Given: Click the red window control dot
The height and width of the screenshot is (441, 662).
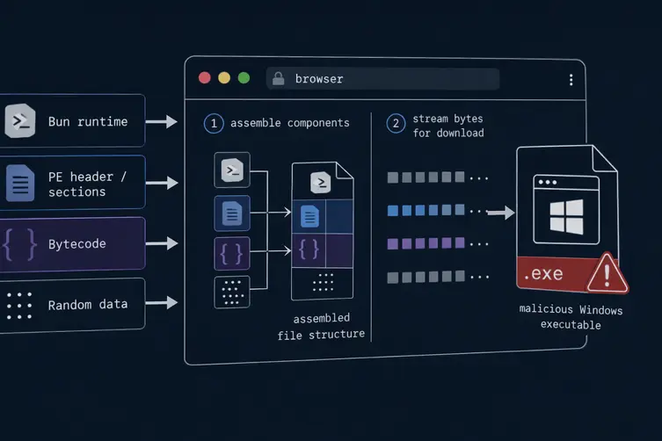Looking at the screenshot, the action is coord(205,78).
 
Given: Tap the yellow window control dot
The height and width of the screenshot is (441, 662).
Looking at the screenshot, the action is coord(224,78).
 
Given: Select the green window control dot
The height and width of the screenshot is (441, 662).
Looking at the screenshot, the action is coord(244,78).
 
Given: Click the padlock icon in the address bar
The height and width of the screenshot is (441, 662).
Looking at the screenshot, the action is coord(278,78).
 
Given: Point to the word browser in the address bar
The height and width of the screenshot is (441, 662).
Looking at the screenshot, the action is coord(319,79).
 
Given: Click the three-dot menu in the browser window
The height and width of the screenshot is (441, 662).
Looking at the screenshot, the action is coord(571,80).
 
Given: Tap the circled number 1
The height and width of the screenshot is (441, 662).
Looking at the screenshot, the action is coord(214,123).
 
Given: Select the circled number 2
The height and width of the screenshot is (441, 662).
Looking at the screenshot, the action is coord(396,123).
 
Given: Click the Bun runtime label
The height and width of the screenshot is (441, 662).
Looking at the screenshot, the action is coord(88,121).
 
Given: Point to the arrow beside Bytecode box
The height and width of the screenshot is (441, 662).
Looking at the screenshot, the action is coord(162,243).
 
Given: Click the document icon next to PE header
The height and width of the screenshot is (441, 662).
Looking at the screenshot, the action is coord(20,183).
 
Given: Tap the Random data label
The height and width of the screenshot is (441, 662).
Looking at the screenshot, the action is coord(88,304).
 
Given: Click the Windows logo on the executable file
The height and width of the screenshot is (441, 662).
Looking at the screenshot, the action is coord(566,217).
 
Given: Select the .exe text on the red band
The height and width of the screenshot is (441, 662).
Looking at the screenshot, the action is coord(543,274).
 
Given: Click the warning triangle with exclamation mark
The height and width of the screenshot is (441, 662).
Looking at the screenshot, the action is coord(607,273).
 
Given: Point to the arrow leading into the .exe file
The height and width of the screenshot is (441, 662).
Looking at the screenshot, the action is coord(501,213).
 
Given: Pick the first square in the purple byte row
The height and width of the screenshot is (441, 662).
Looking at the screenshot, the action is coord(393,244).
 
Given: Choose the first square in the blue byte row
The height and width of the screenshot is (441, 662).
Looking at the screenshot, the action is coord(393,211).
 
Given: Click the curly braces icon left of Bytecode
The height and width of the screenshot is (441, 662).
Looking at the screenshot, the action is coord(19,244).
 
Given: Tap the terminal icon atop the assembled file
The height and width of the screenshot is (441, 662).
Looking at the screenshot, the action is coord(320,183).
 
